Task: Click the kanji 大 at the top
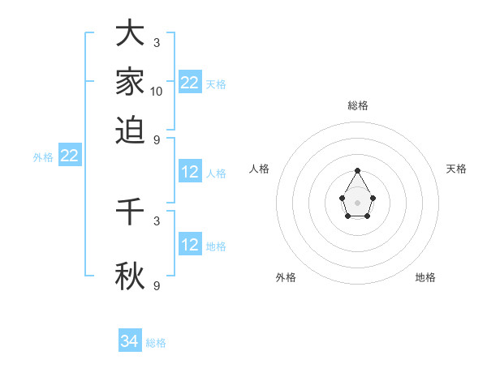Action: pos(130,33)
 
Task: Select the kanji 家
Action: pos(130,82)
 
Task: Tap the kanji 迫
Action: pos(130,130)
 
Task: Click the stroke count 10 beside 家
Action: pos(157,92)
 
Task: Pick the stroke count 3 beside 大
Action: pos(157,42)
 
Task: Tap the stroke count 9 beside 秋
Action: pos(157,285)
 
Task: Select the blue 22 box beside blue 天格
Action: pos(190,82)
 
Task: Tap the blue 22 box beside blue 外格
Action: pos(69,156)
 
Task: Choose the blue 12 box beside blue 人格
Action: pos(190,172)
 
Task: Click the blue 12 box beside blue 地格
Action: pos(190,245)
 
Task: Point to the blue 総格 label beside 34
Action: pos(156,343)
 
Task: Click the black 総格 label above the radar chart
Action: pos(358,105)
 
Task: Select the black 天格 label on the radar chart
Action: pos(457,169)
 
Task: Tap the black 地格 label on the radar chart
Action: pos(425,277)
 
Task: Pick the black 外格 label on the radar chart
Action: pos(286,277)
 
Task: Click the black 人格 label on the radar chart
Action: pos(260,169)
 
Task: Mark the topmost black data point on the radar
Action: pos(358,170)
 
